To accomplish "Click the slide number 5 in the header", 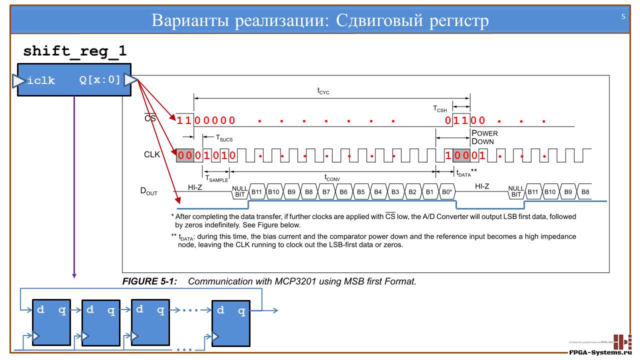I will pos(623,16).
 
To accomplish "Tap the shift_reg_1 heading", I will pos(75,51).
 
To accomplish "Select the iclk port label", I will pos(41,80).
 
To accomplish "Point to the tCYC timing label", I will pos(323,91).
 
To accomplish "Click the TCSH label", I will pos(439,108).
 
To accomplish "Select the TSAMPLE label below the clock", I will pos(216,177).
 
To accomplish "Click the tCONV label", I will pos(332,177).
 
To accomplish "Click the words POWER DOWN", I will pos(484,137).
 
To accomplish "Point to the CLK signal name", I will pos(152,155).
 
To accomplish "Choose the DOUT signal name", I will pos(148,191).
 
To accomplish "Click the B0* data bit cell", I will pos(447,191).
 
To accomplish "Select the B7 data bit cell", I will pos(326,191).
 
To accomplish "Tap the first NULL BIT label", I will pos(238,191).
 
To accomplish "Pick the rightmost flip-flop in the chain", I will pos(230,323).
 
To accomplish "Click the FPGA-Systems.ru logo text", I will pos(600,352).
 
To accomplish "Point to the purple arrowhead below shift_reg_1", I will pos(74,274).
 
